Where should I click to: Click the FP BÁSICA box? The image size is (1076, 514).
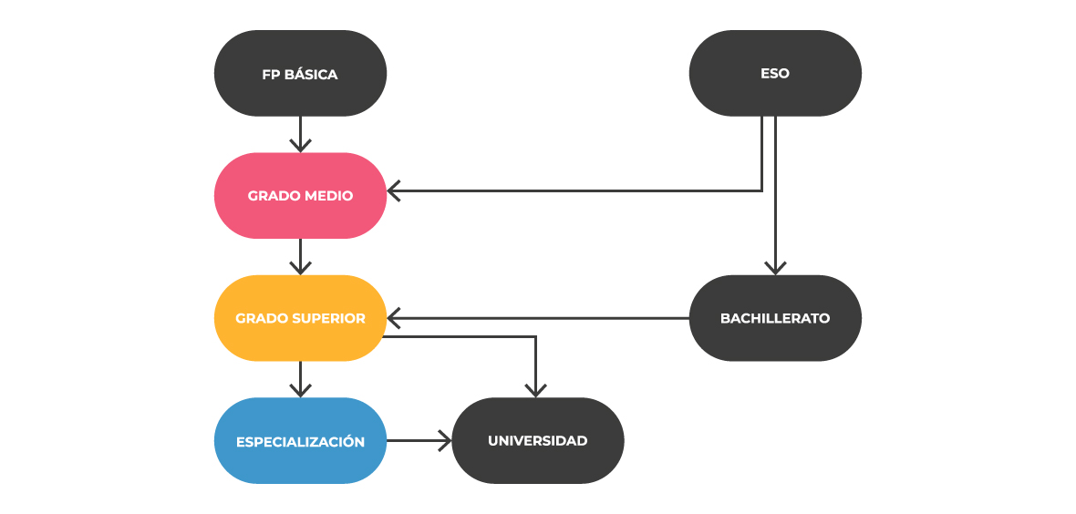[x=300, y=74]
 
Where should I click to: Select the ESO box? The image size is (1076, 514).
[x=774, y=74]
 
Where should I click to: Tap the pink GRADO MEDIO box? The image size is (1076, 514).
[x=300, y=196]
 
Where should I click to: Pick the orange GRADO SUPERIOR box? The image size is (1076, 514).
[x=300, y=318]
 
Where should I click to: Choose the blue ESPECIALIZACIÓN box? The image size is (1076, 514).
[x=300, y=441]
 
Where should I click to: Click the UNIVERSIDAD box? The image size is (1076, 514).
[x=537, y=441]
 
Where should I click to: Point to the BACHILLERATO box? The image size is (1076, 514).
[x=774, y=318]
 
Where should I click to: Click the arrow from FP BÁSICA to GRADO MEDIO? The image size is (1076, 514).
[x=300, y=135]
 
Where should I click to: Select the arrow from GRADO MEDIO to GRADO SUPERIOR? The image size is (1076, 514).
[x=300, y=257]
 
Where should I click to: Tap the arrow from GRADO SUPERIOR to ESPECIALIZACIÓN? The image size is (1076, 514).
[x=300, y=379]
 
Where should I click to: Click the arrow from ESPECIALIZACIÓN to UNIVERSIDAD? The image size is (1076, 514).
[x=419, y=441]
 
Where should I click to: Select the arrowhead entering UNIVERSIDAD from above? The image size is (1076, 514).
[x=535, y=391]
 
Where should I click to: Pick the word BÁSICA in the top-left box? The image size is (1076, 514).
[x=311, y=75]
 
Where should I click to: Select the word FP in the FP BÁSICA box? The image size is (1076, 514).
[x=271, y=75]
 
